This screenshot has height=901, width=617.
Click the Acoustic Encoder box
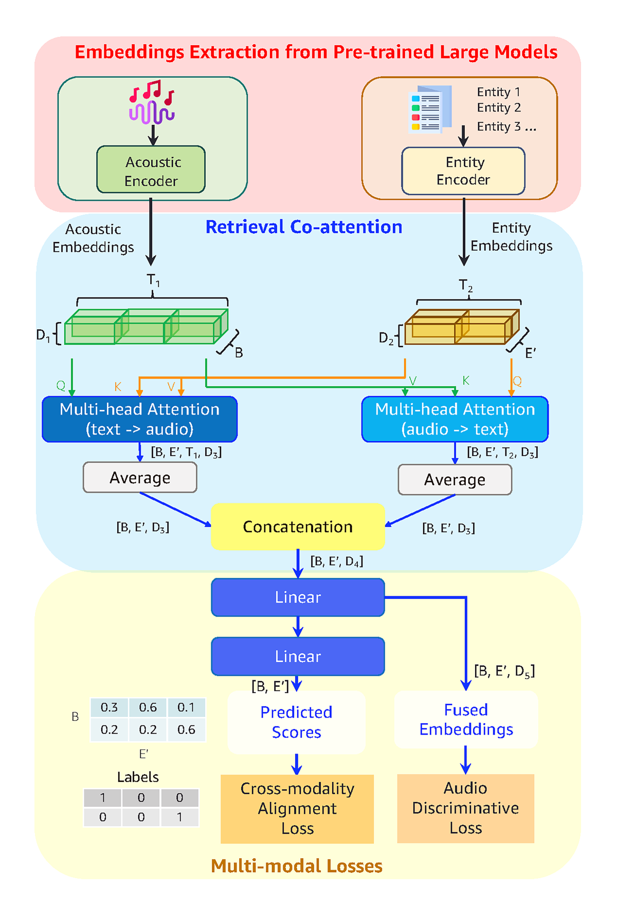pyautogui.click(x=151, y=170)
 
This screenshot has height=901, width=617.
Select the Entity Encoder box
pyautogui.click(x=463, y=171)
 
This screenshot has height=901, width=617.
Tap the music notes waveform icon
pyautogui.click(x=152, y=102)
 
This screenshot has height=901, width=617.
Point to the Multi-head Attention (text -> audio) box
pyautogui.click(x=139, y=419)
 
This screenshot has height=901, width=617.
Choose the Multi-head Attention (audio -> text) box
pyautogui.click(x=455, y=419)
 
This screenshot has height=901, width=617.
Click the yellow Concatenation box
pyautogui.click(x=298, y=527)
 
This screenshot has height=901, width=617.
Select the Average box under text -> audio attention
pyautogui.click(x=140, y=478)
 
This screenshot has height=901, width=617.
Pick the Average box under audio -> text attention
pyautogui.click(x=455, y=480)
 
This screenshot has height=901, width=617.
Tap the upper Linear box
pyautogui.click(x=298, y=597)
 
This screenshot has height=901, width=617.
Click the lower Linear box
pyautogui.click(x=298, y=656)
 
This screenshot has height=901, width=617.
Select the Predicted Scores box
pyautogui.click(x=296, y=722)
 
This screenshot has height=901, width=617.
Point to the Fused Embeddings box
pyautogui.click(x=466, y=720)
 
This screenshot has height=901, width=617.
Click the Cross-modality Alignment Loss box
pyautogui.click(x=297, y=809)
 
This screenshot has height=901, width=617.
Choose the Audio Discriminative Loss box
pyautogui.click(x=466, y=808)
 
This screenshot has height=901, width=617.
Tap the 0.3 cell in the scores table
pyautogui.click(x=109, y=707)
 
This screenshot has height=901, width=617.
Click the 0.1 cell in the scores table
pyautogui.click(x=186, y=707)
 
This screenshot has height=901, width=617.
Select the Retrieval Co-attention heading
pyautogui.click(x=304, y=227)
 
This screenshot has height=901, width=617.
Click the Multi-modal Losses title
pyautogui.click(x=297, y=866)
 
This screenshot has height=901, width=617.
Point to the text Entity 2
pyautogui.click(x=499, y=108)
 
